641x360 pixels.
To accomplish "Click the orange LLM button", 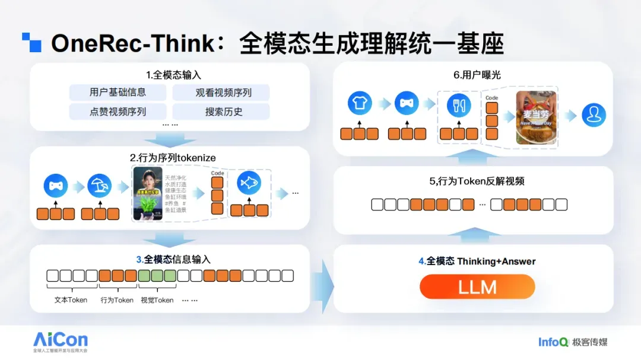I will [x=477, y=287].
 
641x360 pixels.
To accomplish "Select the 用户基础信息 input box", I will [x=118, y=92].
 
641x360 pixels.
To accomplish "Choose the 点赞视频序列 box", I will [x=118, y=111].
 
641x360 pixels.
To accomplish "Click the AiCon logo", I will [x=61, y=340].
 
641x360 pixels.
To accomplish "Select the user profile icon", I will [x=593, y=115].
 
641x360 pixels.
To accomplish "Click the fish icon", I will [x=249, y=184].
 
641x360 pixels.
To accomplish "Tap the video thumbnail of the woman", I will [x=148, y=193].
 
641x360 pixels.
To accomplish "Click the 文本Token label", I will [x=71, y=300].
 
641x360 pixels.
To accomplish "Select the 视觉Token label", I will [x=157, y=300].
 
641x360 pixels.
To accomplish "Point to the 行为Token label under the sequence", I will [x=117, y=300].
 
